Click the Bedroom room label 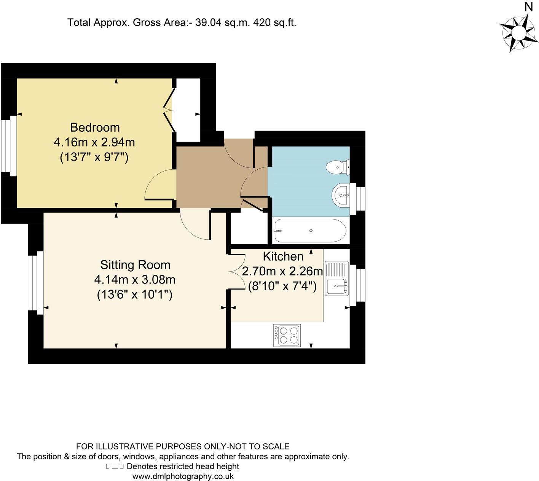(x=95, y=127)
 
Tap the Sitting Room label (x=135, y=265)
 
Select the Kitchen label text (x=283, y=256)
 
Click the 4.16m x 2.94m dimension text (x=94, y=142)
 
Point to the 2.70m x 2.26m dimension (x=282, y=271)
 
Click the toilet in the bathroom (x=338, y=167)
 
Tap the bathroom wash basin (x=341, y=195)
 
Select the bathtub (x=310, y=231)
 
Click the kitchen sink (x=336, y=278)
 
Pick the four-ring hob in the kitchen (x=287, y=335)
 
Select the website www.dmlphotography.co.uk (x=183, y=476)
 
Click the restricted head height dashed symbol (x=115, y=467)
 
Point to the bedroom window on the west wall (x=8, y=146)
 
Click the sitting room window (x=35, y=283)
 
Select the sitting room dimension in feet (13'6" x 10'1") (x=135, y=294)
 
